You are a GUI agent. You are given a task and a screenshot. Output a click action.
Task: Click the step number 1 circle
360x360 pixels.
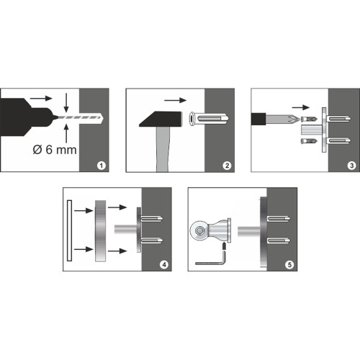[x=102, y=166]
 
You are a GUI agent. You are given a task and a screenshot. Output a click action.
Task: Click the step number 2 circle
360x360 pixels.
[x=227, y=166]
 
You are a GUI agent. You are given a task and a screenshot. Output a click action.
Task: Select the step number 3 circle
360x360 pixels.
[x=352, y=166]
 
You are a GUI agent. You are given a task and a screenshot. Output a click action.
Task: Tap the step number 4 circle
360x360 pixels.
[x=164, y=265]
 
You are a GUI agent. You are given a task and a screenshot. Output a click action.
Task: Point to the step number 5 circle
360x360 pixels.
[x=289, y=265]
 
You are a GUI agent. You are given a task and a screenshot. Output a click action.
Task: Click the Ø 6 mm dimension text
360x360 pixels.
[x=55, y=150]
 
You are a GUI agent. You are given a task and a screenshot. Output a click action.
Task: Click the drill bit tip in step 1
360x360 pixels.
[x=102, y=117]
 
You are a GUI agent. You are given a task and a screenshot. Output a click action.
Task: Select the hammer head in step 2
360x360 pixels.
[x=161, y=119]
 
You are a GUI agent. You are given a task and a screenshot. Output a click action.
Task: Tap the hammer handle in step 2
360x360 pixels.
[x=163, y=149]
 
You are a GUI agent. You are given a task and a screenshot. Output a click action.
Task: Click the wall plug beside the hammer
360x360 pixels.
[x=209, y=119]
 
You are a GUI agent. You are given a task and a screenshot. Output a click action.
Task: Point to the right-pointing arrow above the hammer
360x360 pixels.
[x=175, y=100]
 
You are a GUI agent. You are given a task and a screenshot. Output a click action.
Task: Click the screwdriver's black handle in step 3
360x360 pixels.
[x=258, y=119]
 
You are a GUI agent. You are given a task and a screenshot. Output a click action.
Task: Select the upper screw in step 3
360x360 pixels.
[x=309, y=119]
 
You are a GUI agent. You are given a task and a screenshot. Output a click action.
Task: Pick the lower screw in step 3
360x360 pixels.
[x=309, y=141]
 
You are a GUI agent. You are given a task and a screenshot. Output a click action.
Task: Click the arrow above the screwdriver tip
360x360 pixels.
[x=301, y=107]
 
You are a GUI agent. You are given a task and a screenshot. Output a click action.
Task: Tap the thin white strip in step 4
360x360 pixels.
[x=70, y=230]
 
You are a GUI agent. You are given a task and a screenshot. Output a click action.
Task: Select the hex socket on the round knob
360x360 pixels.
[x=199, y=231]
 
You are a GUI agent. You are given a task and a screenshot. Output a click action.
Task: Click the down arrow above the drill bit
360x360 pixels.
[x=66, y=102]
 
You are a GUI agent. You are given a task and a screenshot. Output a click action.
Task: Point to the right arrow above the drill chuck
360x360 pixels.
[x=41, y=98]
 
